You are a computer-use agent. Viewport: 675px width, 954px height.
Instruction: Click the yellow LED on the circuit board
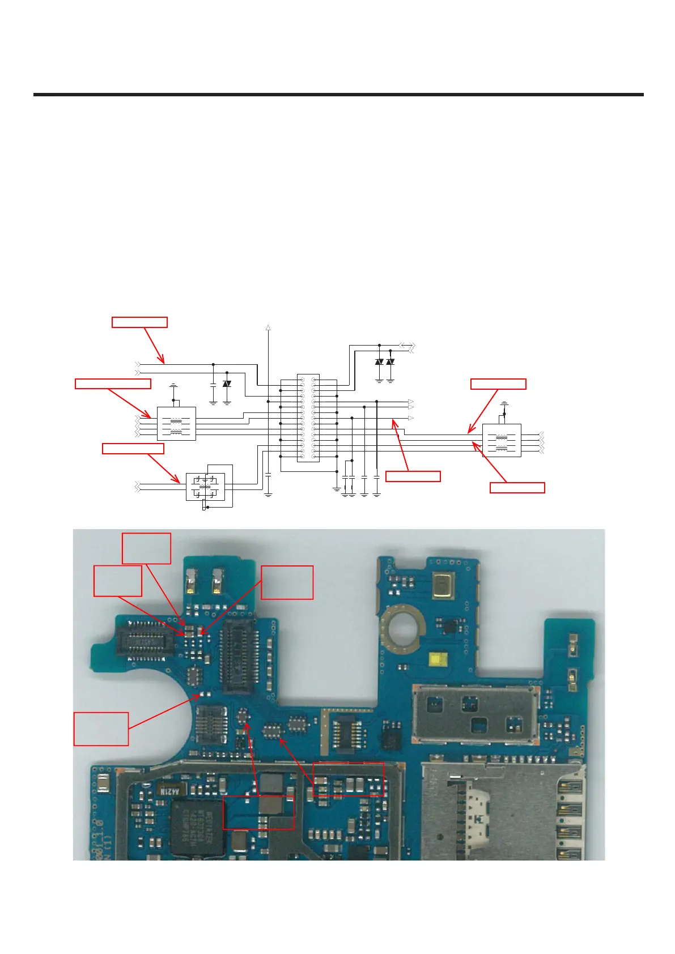click(x=437, y=659)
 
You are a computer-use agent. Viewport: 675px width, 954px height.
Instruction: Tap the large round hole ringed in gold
click(x=403, y=628)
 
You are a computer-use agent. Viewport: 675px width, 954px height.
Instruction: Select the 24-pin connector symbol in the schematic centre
click(x=308, y=418)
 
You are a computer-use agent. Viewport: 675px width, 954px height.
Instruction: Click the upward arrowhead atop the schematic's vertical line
click(x=268, y=327)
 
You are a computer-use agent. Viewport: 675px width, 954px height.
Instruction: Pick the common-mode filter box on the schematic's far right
click(x=502, y=441)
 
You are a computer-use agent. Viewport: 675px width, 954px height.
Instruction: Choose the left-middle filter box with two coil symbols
click(x=176, y=424)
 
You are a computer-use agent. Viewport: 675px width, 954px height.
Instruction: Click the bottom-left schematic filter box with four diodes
click(x=205, y=487)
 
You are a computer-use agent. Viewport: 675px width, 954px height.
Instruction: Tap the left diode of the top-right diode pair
click(x=379, y=361)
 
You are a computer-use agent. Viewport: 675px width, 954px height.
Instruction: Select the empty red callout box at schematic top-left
click(x=139, y=322)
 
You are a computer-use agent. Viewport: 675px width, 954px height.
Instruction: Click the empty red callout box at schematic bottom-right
click(x=517, y=488)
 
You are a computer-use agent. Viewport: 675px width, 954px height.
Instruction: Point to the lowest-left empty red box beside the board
click(x=101, y=729)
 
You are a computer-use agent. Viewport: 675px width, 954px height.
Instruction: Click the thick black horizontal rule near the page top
click(x=338, y=95)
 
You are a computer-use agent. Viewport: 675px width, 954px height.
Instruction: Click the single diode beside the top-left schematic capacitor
click(x=227, y=384)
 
